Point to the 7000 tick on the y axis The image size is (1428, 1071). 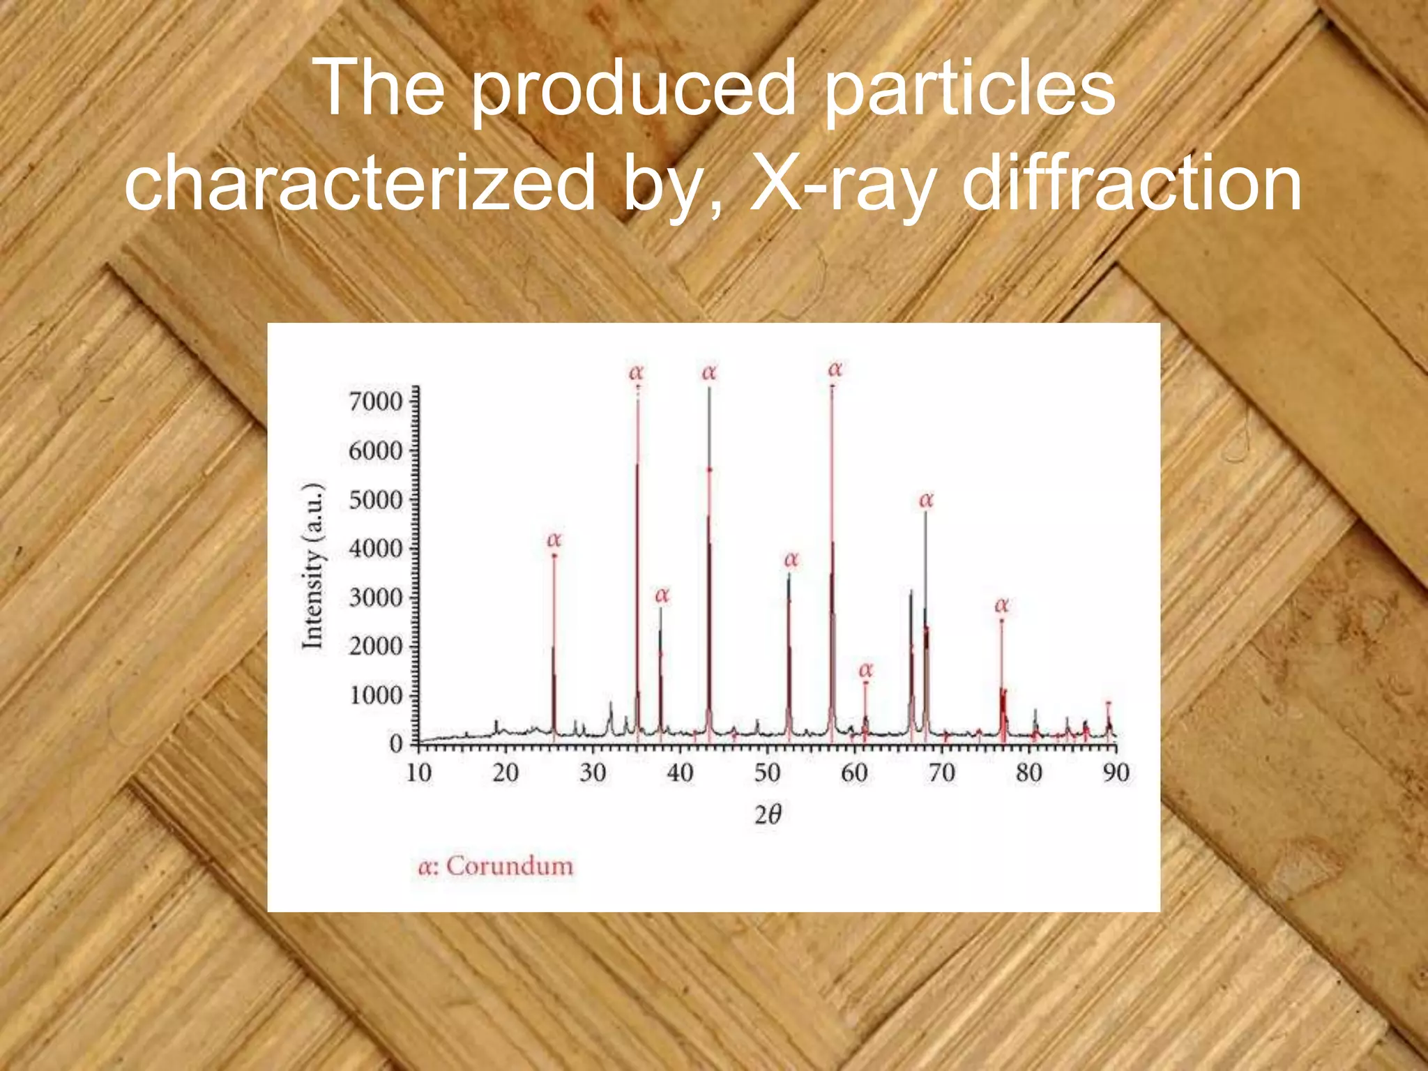click(376, 402)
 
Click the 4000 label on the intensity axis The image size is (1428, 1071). click(376, 549)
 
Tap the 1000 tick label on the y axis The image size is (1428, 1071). click(376, 696)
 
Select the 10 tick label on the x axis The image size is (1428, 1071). click(418, 773)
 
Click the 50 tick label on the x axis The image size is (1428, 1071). click(767, 773)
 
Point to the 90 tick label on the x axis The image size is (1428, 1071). click(1116, 773)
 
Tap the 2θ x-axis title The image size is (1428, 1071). click(768, 814)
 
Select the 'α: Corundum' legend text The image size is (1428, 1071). click(496, 866)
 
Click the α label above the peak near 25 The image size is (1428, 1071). click(554, 540)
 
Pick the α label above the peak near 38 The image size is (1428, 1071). click(662, 595)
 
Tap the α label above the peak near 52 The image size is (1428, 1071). click(791, 560)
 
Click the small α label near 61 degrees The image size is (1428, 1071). click(865, 670)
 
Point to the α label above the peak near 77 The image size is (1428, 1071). click(1001, 605)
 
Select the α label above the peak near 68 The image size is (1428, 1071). click(926, 500)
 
